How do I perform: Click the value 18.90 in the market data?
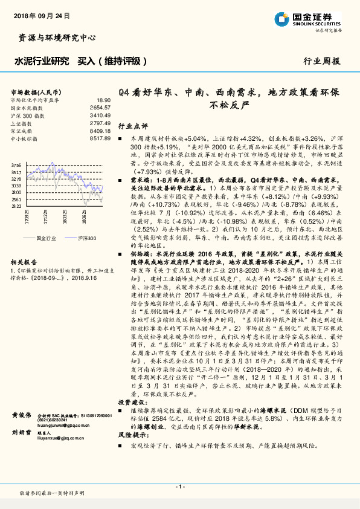103,100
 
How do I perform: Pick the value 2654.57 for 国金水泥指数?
101,107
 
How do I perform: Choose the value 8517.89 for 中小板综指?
101,138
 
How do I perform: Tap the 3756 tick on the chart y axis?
16,164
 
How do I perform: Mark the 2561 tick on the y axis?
16,199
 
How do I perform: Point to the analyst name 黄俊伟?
21,416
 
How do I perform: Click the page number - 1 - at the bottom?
179,487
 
